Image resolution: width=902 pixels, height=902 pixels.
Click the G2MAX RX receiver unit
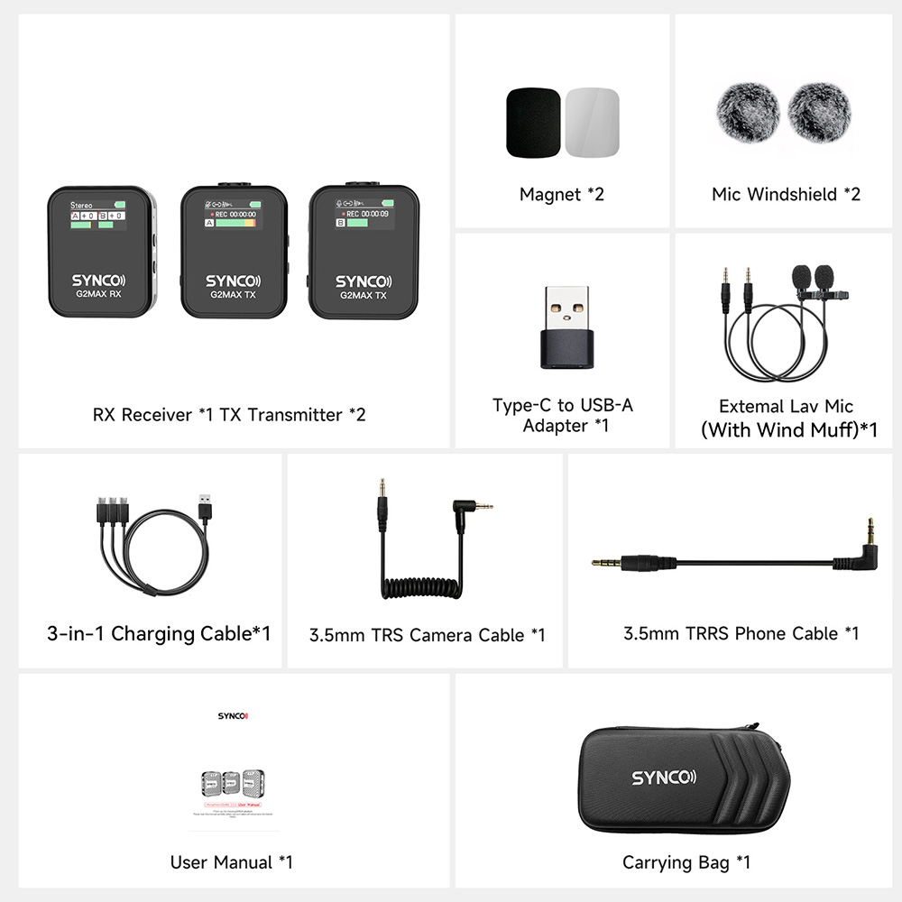tap(102, 253)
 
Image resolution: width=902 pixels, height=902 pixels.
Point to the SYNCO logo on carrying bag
tap(663, 777)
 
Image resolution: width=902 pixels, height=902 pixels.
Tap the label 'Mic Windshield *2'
tap(786, 194)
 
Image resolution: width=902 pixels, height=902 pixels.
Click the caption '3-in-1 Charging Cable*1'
tap(159, 633)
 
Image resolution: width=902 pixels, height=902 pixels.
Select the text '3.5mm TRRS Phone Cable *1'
tap(741, 633)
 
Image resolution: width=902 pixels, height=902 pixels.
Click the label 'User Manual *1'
tap(232, 862)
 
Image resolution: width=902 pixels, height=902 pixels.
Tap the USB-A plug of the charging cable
tap(206, 506)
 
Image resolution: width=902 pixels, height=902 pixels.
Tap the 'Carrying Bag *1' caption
tap(686, 862)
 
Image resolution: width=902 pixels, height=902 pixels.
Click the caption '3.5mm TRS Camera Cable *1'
tap(427, 635)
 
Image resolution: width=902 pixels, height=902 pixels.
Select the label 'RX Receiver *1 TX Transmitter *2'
tap(229, 415)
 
